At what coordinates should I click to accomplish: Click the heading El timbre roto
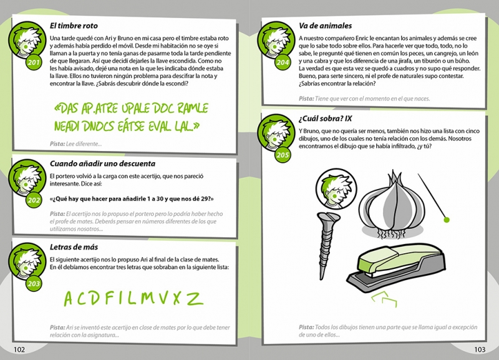(74, 26)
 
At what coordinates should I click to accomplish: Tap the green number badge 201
(34, 62)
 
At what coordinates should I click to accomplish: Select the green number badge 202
(34, 200)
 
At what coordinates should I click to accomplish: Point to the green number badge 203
(34, 284)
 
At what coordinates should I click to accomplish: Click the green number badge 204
(283, 62)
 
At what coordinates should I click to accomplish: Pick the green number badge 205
(283, 155)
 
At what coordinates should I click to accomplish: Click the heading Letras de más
(74, 247)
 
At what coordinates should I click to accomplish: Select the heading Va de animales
(325, 26)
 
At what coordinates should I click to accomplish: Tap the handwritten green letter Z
(195, 299)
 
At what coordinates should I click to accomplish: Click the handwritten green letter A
(69, 299)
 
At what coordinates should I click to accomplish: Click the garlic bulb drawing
(392, 205)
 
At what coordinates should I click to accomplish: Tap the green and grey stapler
(396, 268)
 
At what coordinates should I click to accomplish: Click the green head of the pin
(447, 220)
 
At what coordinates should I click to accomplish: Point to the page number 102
(19, 349)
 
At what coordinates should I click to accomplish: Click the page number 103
(480, 349)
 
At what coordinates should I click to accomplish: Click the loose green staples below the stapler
(384, 299)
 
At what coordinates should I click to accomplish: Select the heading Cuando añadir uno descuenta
(102, 163)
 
